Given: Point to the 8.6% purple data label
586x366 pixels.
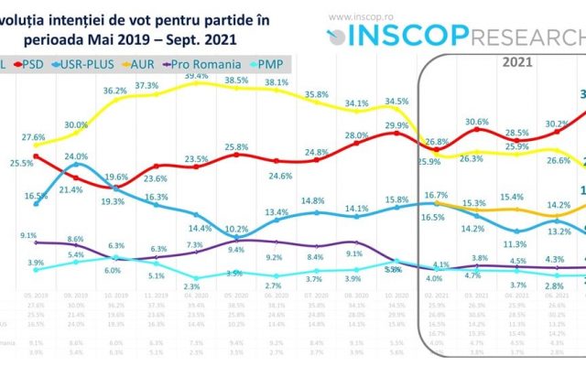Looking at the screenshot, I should tap(77, 239).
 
